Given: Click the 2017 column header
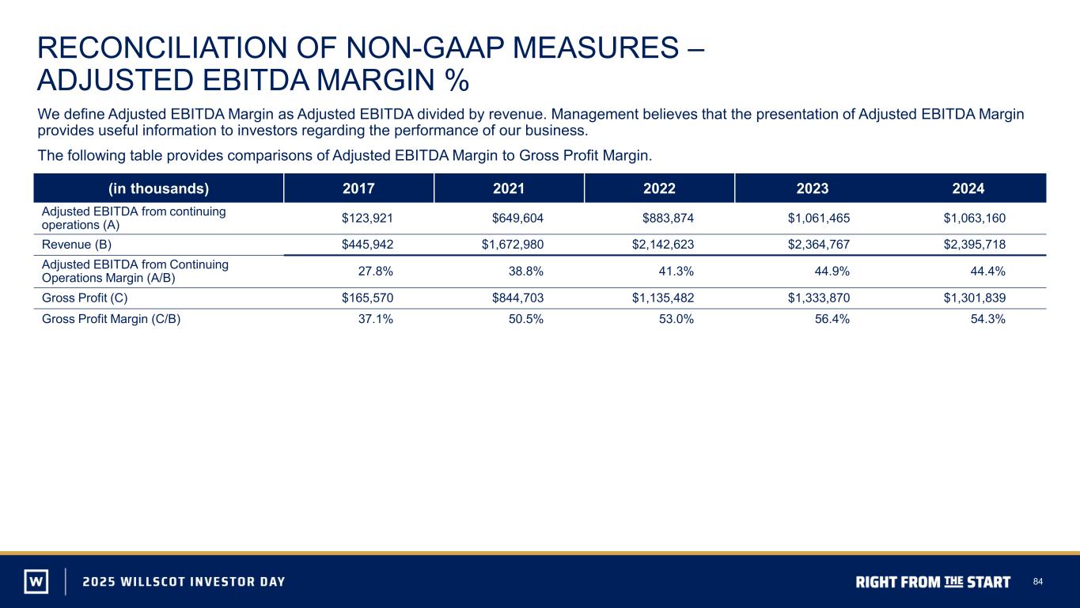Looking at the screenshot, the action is coord(358,188).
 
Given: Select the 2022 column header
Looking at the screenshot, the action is coord(659,188).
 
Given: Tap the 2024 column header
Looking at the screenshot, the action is coord(968,188).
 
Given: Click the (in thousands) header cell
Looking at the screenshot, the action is coord(158,188).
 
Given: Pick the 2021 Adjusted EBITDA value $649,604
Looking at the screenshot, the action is coord(517,218).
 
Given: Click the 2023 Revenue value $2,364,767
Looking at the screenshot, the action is coord(819,244).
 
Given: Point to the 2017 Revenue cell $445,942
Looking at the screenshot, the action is coord(367,244).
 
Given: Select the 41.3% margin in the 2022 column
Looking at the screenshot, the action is coord(676,272).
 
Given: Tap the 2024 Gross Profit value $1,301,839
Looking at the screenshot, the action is coord(975,298).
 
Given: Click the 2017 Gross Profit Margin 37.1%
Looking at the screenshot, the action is coord(376,319).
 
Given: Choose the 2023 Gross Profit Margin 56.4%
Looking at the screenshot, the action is coord(832,319).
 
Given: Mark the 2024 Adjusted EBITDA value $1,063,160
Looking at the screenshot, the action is coord(975,218).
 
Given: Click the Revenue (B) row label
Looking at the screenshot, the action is coord(77,245).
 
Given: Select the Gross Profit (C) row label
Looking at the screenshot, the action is coord(85,298).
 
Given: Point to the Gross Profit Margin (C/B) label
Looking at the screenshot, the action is coord(111,319).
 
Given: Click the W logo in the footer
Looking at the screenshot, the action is coord(36,581).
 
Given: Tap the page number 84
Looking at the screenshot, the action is coord(1038,582).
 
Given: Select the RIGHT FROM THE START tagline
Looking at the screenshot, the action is coord(933,582).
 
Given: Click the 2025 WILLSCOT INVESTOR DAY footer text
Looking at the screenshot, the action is coord(184,581).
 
